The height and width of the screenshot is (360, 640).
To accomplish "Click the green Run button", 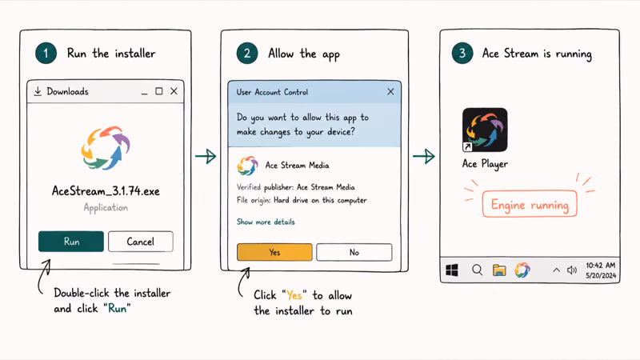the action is [71, 242].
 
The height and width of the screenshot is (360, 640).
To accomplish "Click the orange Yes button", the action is [274, 252].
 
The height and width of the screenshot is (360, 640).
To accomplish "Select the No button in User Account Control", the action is [354, 252].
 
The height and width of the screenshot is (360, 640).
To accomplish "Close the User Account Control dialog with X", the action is [390, 92].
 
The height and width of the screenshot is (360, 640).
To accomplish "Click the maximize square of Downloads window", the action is [158, 91].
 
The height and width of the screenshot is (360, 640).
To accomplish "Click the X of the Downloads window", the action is [174, 91].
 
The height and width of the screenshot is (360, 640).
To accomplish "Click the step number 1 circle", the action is [46, 54].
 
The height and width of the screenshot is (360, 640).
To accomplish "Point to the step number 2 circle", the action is [247, 54].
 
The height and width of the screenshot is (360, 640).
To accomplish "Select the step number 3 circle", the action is [462, 54].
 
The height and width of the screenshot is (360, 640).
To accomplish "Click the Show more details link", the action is [266, 222].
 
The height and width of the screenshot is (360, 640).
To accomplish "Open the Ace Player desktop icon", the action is [485, 130].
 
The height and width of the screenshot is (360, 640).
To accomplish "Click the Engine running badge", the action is [530, 204].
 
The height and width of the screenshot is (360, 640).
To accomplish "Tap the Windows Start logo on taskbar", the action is [452, 270].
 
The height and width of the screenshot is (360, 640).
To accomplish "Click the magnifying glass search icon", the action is [477, 270].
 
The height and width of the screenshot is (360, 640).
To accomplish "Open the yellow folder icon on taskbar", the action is [499, 270].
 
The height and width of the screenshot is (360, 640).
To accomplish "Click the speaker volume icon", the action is [572, 270].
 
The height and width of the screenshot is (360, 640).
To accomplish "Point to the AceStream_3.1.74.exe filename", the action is [106, 191].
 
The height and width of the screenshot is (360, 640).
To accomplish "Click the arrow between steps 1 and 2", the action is [206, 156].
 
